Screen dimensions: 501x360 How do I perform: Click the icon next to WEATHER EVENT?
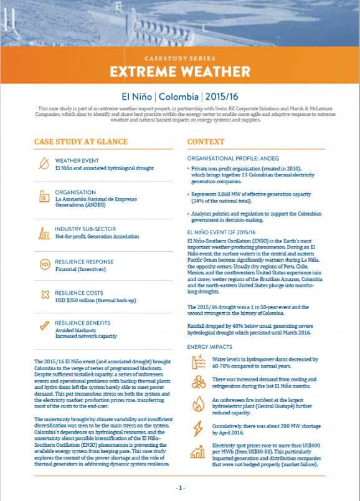(44, 164)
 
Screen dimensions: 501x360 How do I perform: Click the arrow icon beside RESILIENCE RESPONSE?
(44, 265)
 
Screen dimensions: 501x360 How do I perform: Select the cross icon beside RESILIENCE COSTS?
(44, 295)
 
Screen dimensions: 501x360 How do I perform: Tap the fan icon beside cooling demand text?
(199, 382)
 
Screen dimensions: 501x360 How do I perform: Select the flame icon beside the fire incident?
(199, 404)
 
